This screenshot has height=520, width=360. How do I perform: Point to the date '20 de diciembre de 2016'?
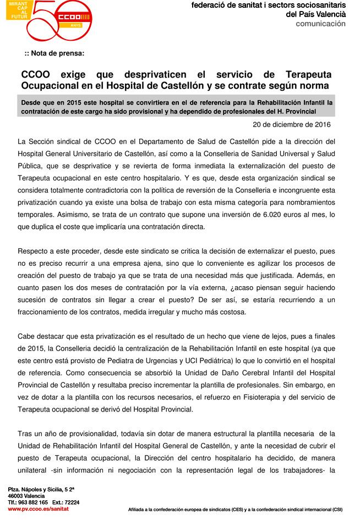click(x=296, y=124)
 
